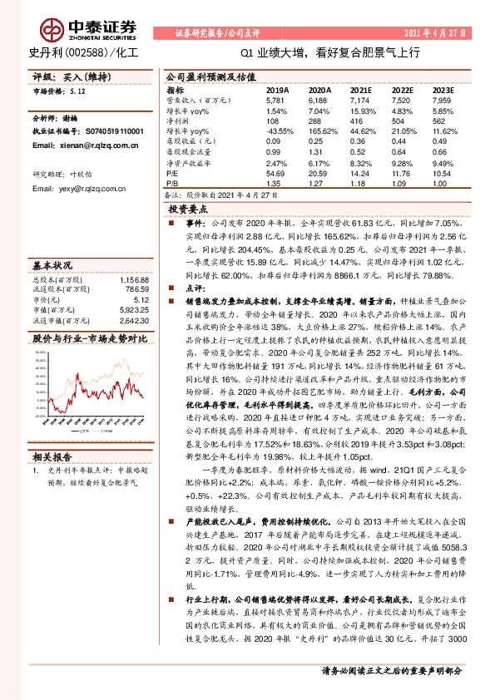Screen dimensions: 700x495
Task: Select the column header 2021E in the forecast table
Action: pos(361,89)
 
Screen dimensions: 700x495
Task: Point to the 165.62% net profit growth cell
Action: pos(320,131)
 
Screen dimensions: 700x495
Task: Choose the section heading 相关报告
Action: pos(52,456)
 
